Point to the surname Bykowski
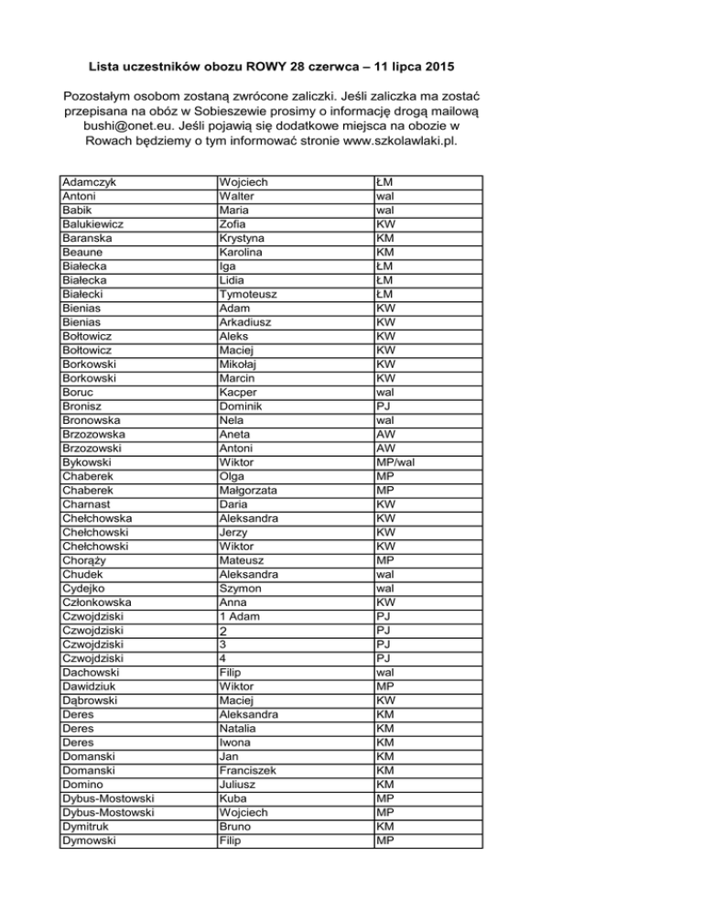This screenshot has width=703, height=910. pyautogui.click(x=88, y=462)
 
